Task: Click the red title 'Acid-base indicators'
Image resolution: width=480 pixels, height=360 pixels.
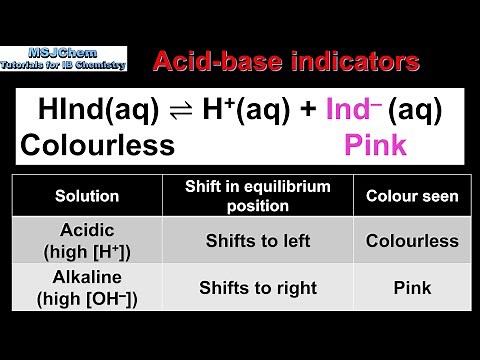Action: (285, 62)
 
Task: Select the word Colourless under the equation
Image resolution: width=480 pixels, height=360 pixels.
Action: (97, 146)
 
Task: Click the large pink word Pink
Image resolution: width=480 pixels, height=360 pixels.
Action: (375, 146)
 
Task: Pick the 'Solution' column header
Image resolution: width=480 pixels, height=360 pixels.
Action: (87, 197)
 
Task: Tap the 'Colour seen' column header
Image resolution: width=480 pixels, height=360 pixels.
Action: (412, 197)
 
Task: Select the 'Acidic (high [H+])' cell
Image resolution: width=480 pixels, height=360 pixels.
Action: (87, 241)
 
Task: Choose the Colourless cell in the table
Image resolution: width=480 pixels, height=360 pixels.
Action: (412, 241)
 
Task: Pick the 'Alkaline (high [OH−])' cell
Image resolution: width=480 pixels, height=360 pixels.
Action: (87, 288)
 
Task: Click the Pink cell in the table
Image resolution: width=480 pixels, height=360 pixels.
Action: (412, 288)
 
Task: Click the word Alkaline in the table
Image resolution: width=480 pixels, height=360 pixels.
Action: (87, 278)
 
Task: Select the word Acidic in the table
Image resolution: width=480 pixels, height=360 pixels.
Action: (87, 231)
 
